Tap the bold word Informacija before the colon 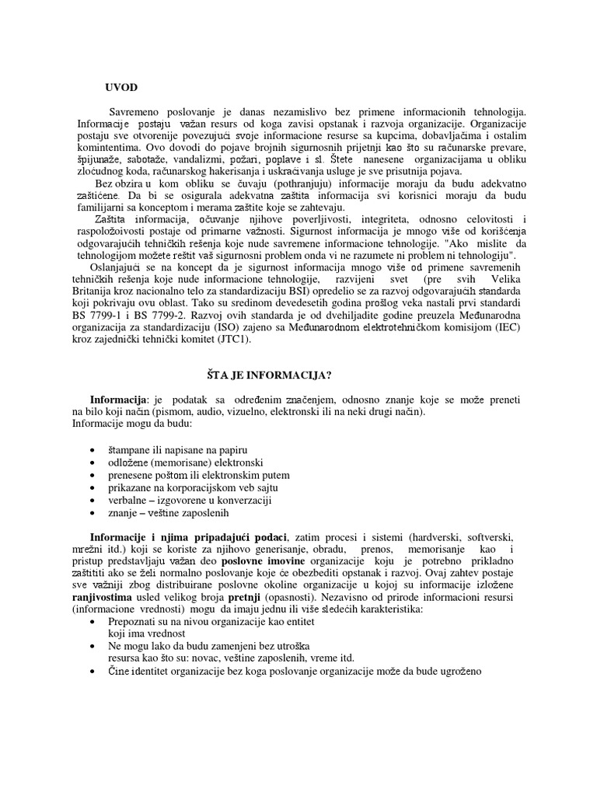[117, 399]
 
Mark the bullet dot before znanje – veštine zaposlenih [94, 513]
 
